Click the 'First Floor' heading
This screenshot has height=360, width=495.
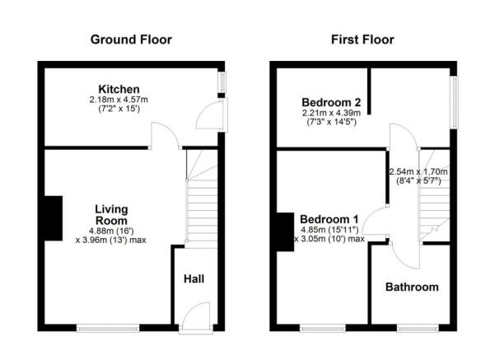click(362, 40)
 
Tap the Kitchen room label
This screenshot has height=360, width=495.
click(119, 89)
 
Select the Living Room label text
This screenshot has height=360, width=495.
click(110, 215)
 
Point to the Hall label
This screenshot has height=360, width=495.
click(193, 279)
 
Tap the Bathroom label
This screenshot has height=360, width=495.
click(412, 288)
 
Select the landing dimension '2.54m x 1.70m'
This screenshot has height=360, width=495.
click(419, 172)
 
